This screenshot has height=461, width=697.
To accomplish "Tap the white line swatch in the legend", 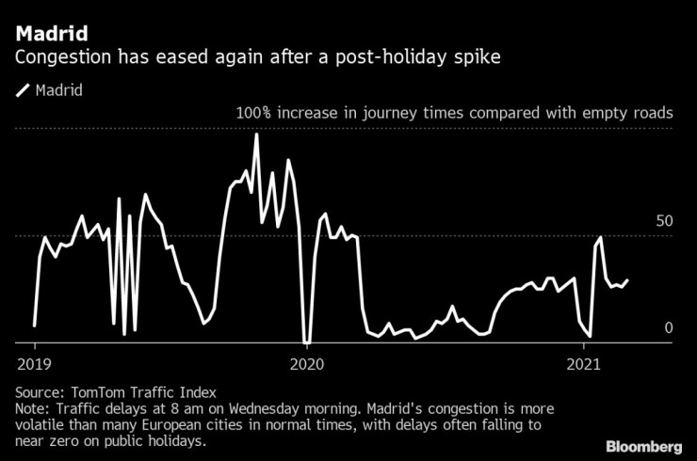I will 23,91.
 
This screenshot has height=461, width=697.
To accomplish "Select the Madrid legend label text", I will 58,91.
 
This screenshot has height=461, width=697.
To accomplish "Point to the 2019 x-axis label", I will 34,362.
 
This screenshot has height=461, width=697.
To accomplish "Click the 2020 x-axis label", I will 308,362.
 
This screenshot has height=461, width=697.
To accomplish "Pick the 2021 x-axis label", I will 585,362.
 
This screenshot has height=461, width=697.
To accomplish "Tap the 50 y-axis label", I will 664,221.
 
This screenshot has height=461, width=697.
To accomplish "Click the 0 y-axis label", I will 670,327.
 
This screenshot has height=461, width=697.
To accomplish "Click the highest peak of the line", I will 256,135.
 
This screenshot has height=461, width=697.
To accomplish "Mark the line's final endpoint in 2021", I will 628,279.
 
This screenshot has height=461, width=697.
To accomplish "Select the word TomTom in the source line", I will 95,392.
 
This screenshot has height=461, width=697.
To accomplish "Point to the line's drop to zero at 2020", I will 306,342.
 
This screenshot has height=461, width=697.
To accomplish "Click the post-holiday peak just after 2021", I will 600,237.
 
